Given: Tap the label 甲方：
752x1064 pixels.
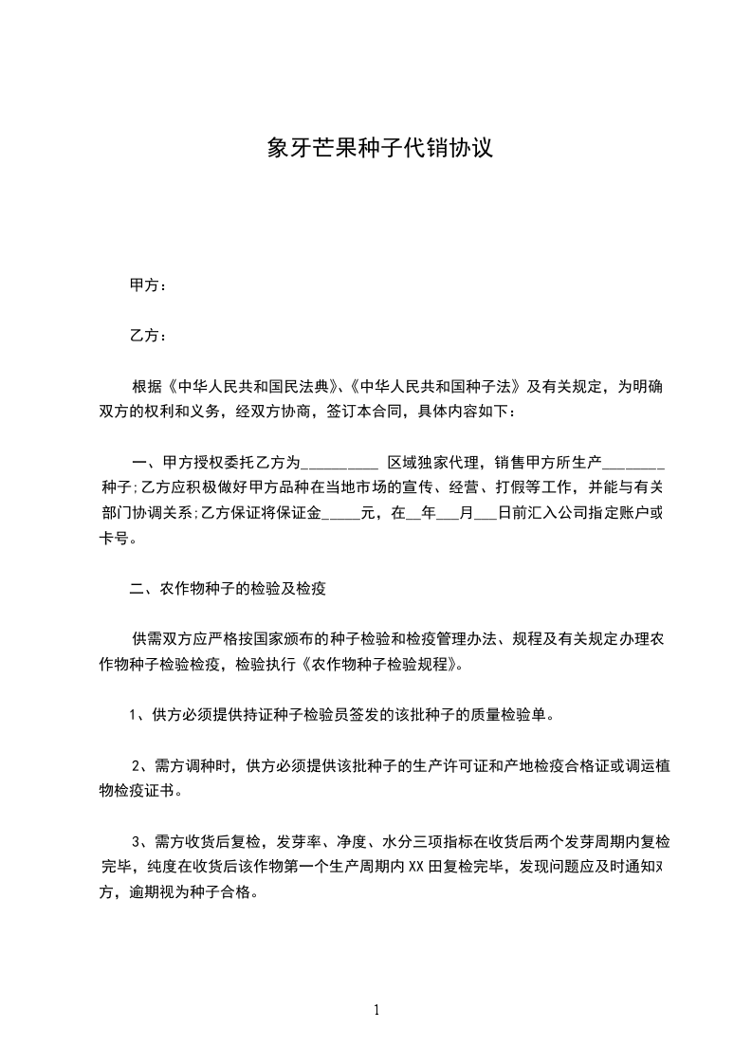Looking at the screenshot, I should (x=149, y=285).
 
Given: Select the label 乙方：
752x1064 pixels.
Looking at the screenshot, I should (x=149, y=336).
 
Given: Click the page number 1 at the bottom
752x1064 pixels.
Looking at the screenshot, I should (x=376, y=1009).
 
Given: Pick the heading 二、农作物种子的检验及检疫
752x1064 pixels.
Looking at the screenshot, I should (x=228, y=589).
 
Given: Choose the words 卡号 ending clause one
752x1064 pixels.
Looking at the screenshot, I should (x=113, y=540).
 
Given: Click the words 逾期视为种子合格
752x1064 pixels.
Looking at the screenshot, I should (x=197, y=891).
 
